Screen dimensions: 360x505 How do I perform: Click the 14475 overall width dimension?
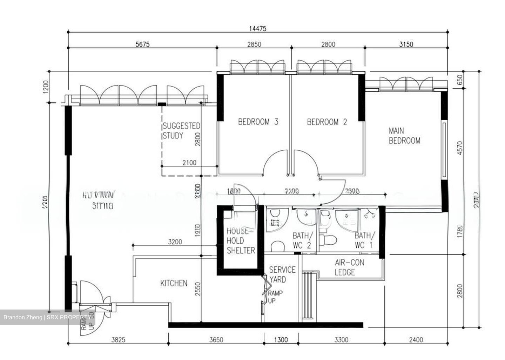(x=257, y=29)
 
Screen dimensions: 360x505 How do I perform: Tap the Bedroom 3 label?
(x=258, y=122)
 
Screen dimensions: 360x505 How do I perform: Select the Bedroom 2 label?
(x=327, y=122)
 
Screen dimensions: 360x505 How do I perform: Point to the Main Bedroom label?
(x=404, y=136)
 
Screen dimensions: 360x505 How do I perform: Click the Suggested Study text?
(x=181, y=131)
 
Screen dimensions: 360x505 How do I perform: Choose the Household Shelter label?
(x=241, y=241)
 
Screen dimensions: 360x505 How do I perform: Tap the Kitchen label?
(x=174, y=283)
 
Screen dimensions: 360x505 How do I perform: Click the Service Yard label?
(x=282, y=274)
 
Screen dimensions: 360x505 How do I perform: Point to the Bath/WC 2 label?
(x=302, y=240)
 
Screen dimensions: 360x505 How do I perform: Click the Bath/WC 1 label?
(x=364, y=240)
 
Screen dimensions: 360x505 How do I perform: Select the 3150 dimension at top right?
(x=406, y=45)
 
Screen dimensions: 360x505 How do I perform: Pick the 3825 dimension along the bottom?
(x=118, y=340)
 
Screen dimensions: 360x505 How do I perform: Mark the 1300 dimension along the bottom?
(x=281, y=340)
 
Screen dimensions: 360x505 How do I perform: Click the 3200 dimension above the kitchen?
(x=175, y=242)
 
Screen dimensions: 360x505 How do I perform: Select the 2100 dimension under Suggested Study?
(x=189, y=163)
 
